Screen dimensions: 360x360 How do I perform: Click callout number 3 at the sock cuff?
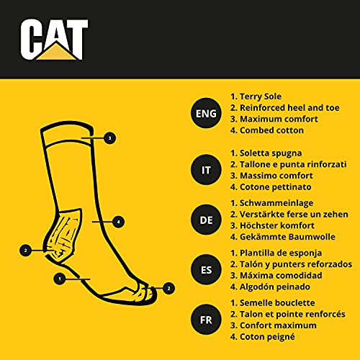[x=109, y=138]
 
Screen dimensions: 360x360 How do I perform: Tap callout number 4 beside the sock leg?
[x=119, y=222]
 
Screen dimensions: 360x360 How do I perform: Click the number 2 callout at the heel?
[x=26, y=251]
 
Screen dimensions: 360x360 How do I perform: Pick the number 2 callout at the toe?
[x=168, y=288]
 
